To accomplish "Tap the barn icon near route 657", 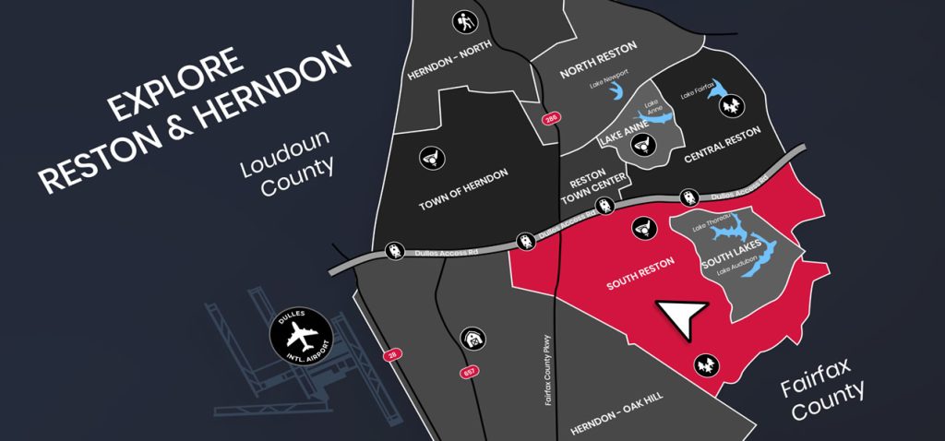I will point(472,340).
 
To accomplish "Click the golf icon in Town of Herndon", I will point(429,158).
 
